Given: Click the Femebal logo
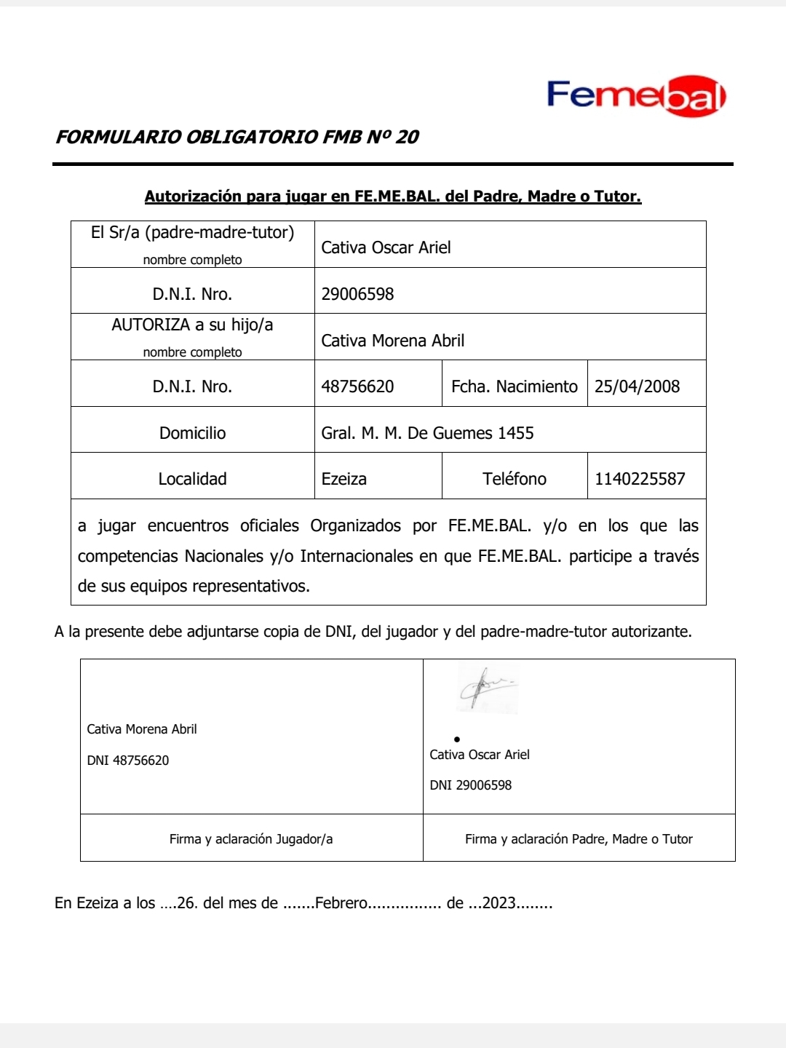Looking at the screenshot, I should [x=636, y=95].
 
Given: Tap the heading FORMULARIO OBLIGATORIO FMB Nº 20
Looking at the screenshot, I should [x=237, y=137].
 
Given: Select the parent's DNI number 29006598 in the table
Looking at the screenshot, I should [x=357, y=294].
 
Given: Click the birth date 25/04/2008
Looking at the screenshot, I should [x=637, y=386].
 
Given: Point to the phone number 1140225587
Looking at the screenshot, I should [x=640, y=479].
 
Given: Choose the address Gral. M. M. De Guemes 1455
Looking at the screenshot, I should [x=427, y=433].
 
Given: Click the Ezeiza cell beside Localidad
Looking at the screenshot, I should [x=344, y=479].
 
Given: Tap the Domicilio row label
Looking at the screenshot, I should [x=192, y=433].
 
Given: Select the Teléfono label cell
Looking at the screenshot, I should [x=514, y=479].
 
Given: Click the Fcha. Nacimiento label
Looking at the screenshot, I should [x=514, y=386].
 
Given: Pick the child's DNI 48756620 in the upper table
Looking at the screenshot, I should [x=357, y=386].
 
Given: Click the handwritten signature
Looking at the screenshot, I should [x=486, y=687].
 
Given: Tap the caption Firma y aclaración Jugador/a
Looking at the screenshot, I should [x=251, y=839].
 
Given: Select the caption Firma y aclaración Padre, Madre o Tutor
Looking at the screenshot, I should [x=579, y=839].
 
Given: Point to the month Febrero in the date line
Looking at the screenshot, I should [x=341, y=903].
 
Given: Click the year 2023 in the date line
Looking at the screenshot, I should [x=499, y=903].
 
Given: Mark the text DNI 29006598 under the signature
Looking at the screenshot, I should [x=470, y=785].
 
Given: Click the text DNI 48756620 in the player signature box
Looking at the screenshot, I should [x=128, y=761].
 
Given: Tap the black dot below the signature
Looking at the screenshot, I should [x=457, y=739].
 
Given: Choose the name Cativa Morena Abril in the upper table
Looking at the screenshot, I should [x=392, y=341].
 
